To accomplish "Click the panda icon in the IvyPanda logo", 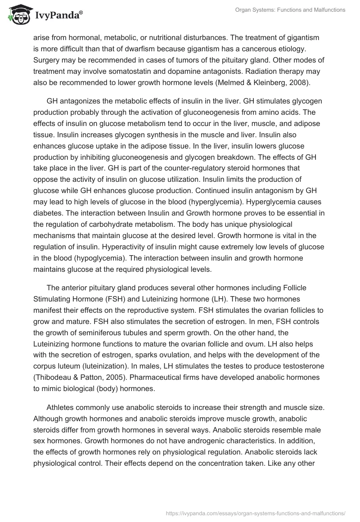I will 17,15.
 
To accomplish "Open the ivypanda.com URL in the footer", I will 256,513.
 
